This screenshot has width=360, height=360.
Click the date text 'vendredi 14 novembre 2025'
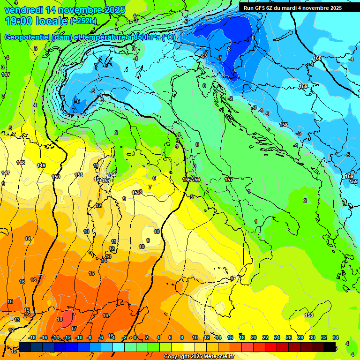(65, 10)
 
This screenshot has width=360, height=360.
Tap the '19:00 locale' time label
(36, 21)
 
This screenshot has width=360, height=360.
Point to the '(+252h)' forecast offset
(83, 21)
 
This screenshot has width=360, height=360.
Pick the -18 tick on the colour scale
(32, 337)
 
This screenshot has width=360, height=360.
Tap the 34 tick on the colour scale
(336, 337)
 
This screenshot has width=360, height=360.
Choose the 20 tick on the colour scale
(254, 337)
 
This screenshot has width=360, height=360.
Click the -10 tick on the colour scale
(79, 337)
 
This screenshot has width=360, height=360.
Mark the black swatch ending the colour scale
(330, 347)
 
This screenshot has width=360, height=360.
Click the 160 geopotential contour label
(317, 59)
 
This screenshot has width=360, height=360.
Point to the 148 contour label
(21, 163)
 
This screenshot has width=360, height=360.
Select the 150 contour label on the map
(56, 177)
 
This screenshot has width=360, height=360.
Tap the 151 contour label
(79, 175)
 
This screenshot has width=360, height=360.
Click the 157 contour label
(229, 180)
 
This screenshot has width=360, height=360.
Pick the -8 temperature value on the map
(228, 49)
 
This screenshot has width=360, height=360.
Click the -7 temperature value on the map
(219, 57)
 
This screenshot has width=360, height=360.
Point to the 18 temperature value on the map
(60, 319)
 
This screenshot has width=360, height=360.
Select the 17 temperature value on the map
(74, 329)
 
